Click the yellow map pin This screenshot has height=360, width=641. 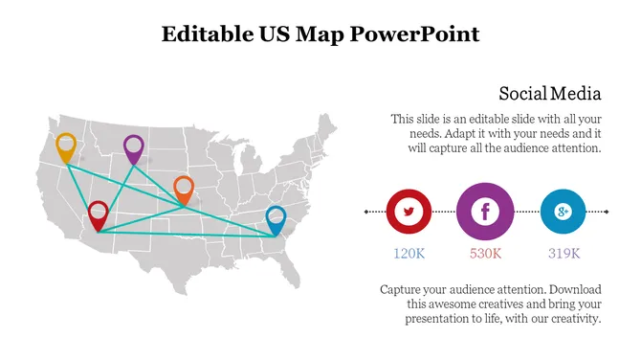click(66, 147)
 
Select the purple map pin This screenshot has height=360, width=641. click(134, 147)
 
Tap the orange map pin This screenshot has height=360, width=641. click(184, 187)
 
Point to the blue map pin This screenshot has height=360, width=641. click(276, 217)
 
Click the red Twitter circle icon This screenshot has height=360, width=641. click(409, 211)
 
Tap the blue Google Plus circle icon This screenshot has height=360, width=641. click(563, 211)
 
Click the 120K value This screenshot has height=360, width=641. click(409, 254)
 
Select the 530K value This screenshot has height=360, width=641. click(486, 254)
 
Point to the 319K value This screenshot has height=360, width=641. click(564, 254)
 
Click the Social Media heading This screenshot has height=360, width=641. click(550, 94)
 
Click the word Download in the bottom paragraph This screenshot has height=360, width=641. click(569, 288)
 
